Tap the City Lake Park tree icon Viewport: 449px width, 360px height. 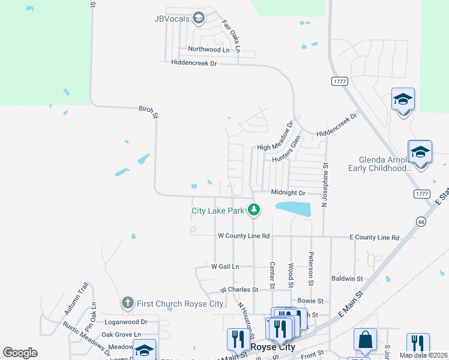tap(255, 209)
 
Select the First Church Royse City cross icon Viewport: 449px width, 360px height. tap(127, 303)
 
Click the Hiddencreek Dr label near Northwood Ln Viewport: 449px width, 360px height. tap(193, 62)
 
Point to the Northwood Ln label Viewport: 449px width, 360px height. tap(208, 49)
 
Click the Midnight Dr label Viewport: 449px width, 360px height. tap(288, 193)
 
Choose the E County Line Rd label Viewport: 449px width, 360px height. tap(374, 238)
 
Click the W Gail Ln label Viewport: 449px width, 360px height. tap(225, 266)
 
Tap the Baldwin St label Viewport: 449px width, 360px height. tap(347, 278)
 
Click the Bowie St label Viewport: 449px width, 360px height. tap(310, 301)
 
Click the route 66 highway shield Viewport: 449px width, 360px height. tap(421, 221)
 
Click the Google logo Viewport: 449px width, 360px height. tap(20, 353)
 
